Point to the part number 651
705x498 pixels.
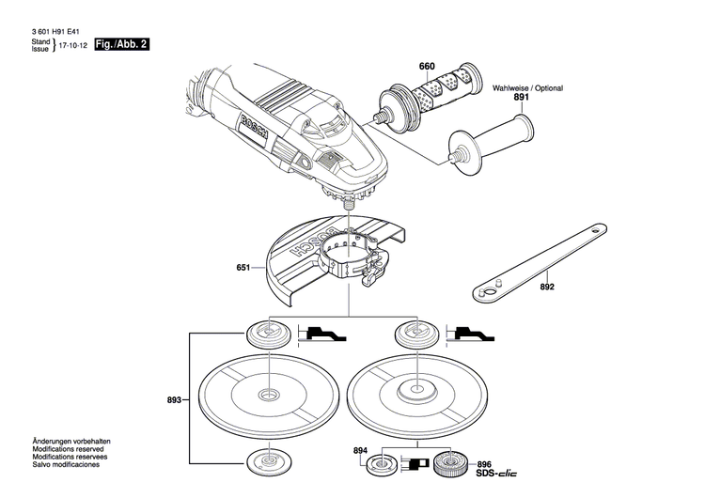pos(243,268)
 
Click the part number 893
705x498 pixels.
pos(174,399)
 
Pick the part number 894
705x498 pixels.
pos(361,451)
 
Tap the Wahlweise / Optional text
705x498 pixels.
pos(527,87)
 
